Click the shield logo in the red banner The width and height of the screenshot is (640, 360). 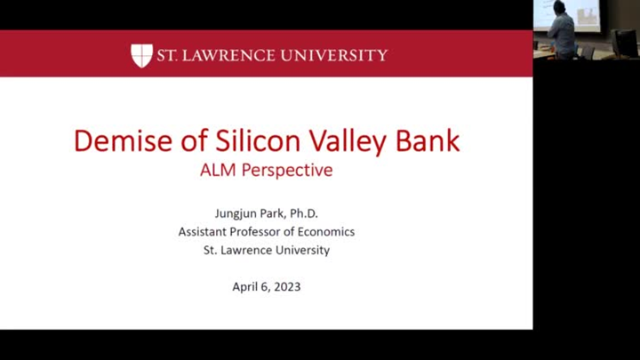point(141,55)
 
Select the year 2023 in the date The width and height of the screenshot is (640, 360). point(287,286)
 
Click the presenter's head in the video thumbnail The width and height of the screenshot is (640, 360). point(559,8)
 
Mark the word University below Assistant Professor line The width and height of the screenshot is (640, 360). point(301,250)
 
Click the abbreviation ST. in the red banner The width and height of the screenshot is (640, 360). point(165,55)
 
